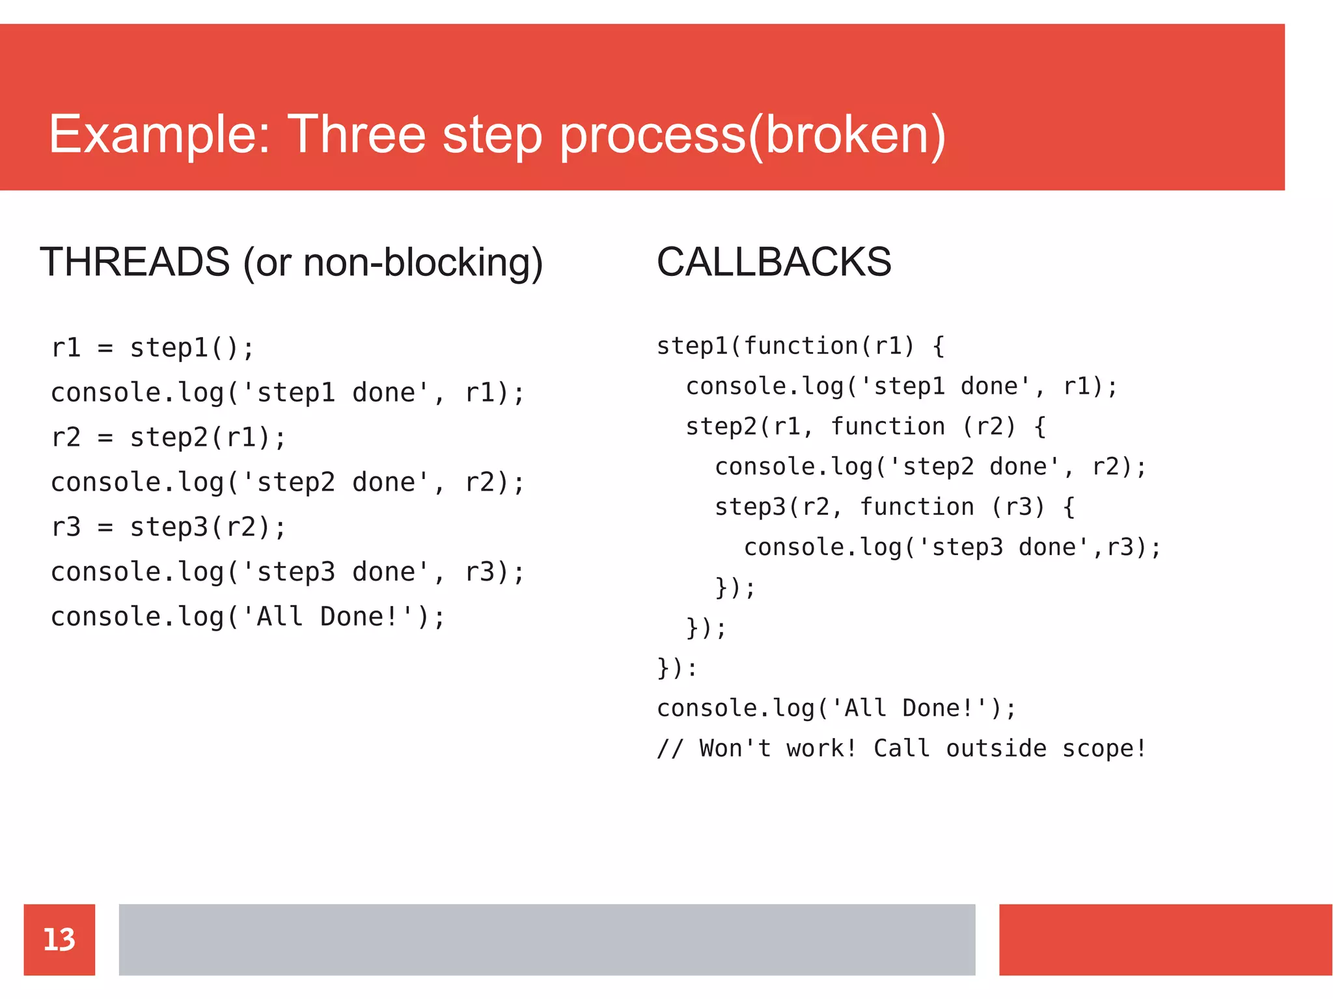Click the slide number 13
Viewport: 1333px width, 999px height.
59,939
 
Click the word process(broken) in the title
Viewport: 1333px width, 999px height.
752,135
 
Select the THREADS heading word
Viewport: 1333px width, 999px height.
135,262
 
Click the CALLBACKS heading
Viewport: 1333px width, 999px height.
774,262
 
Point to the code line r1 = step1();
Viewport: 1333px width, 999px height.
152,348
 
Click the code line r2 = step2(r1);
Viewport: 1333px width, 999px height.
169,437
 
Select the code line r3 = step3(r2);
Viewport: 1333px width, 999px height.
169,527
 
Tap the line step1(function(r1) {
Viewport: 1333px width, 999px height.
800,346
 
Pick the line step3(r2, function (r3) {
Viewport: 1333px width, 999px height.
894,507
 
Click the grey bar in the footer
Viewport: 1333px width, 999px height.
547,939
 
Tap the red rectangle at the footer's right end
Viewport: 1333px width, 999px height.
1165,939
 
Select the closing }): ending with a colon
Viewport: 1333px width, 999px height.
677,668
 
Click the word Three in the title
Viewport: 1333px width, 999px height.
356,135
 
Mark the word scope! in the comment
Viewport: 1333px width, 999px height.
1104,748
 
